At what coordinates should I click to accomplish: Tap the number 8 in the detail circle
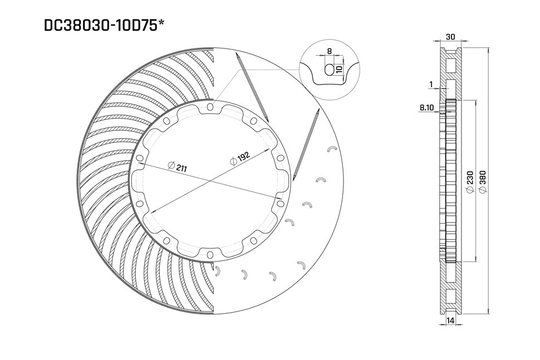click(x=330, y=51)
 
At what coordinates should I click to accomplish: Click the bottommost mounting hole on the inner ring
click(x=209, y=255)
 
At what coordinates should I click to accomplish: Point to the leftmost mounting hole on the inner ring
click(x=138, y=181)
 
